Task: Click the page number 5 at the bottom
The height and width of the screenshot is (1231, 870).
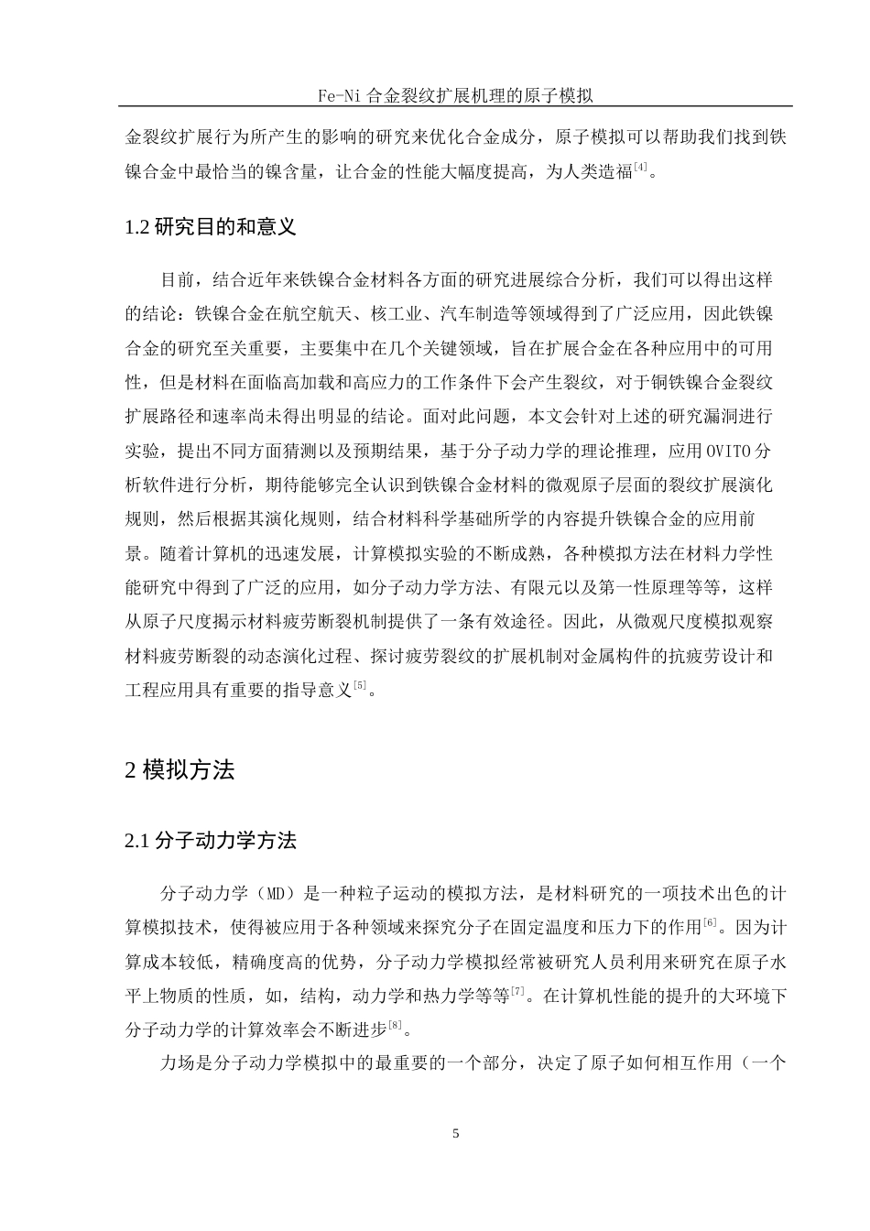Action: pyautogui.click(x=456, y=1133)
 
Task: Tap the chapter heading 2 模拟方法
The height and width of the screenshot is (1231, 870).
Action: pyautogui.click(x=179, y=770)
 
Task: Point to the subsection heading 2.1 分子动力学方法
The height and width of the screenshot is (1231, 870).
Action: pyautogui.click(x=210, y=840)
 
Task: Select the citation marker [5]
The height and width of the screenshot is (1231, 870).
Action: pyautogui.click(x=361, y=684)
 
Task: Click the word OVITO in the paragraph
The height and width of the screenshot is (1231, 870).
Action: pyautogui.click(x=728, y=451)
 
